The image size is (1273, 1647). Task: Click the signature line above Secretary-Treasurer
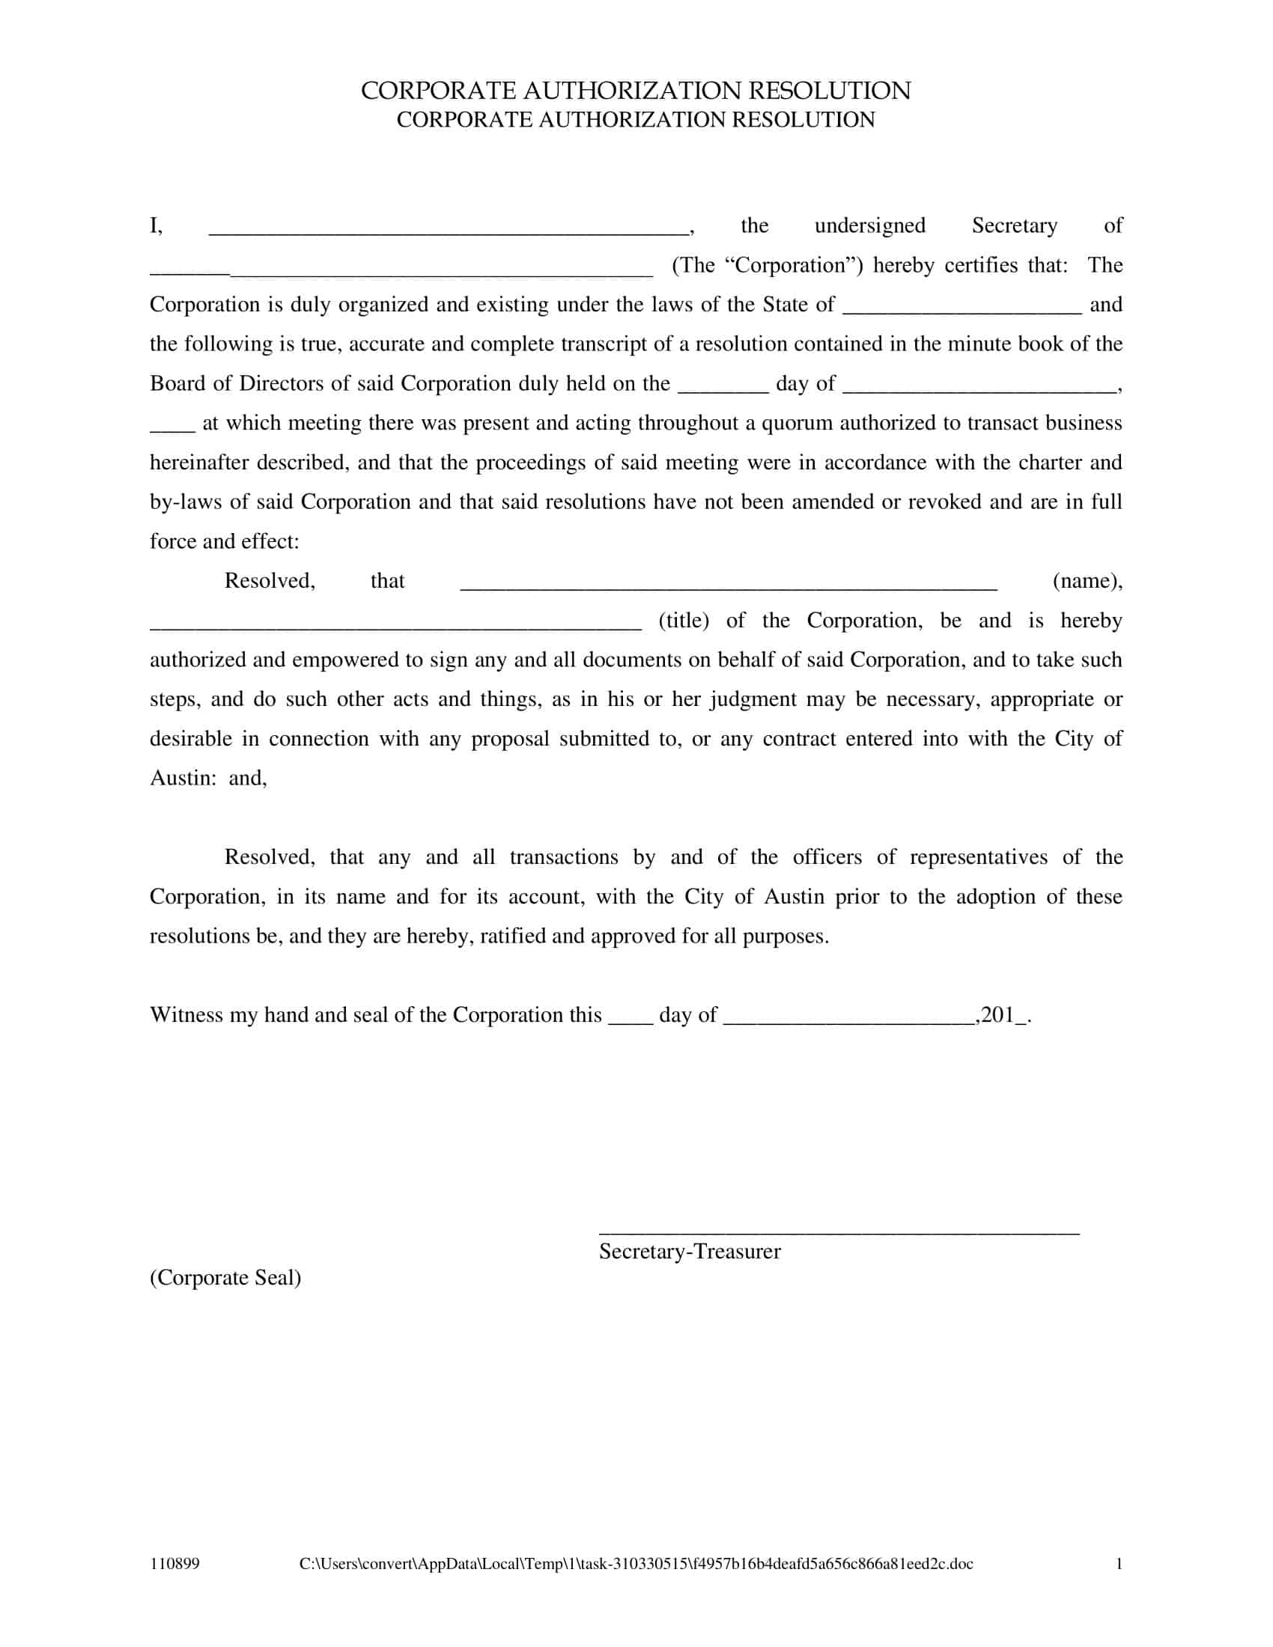point(839,1233)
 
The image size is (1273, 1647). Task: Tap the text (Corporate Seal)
point(225,1277)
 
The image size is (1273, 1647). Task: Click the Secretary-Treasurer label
point(689,1251)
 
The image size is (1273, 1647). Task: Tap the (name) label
point(1087,581)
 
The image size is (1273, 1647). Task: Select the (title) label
point(683,620)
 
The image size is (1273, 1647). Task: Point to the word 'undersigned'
point(869,225)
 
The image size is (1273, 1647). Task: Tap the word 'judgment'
point(753,699)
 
